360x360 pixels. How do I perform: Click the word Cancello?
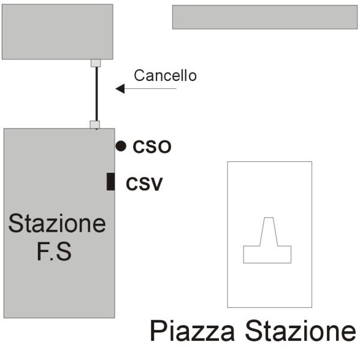[165, 76]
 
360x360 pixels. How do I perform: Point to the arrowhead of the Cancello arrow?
[119, 89]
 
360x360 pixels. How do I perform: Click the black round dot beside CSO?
[121, 146]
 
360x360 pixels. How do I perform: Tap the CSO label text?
[152, 146]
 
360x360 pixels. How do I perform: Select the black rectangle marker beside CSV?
[110, 181]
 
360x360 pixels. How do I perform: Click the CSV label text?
[144, 184]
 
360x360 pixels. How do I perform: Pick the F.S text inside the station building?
[54, 251]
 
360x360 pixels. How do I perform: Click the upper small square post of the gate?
[95, 62]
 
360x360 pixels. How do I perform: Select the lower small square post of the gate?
[95, 125]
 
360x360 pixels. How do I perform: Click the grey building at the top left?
[57, 31]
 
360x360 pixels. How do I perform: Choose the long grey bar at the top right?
[265, 17]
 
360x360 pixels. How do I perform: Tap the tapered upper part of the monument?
[268, 232]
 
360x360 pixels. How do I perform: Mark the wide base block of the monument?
[267, 254]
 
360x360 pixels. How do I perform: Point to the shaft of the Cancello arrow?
[150, 89]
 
